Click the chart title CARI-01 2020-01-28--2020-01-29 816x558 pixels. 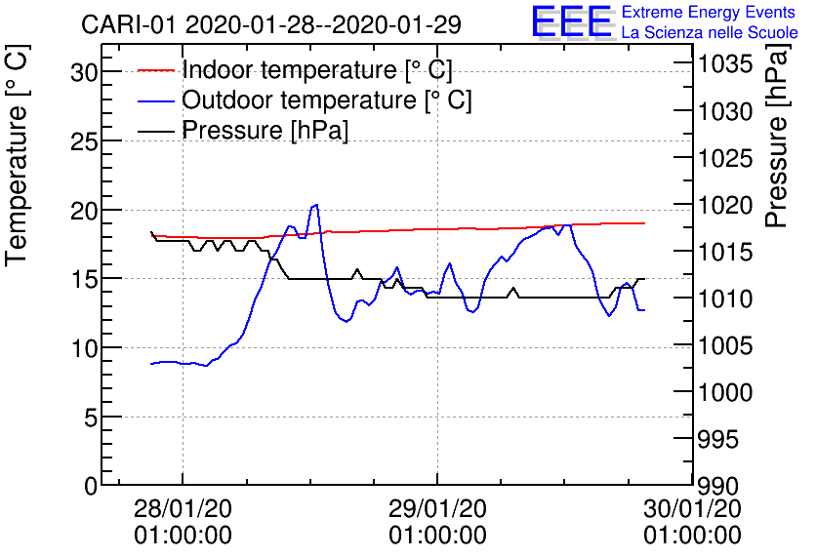272,23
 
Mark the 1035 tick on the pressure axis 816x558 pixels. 724,65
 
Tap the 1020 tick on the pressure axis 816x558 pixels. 724,206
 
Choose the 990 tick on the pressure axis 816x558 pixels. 718,485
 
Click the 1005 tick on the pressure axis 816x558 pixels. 724,345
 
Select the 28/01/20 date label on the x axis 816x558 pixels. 183,509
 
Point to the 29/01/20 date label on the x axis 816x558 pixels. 437,509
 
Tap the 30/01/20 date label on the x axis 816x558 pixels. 692,509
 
